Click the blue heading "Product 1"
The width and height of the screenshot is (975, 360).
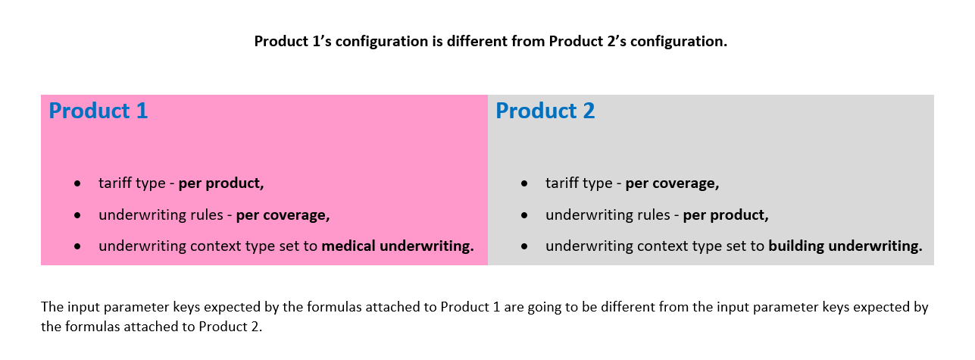98,111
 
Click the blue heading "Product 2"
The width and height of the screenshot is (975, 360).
545,111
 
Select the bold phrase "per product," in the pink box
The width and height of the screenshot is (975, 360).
221,183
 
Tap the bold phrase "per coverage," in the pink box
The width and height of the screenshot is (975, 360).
283,215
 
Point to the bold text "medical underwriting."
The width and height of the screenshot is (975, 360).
398,246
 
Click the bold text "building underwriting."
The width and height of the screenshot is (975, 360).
845,246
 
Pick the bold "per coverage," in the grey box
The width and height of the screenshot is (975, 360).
672,183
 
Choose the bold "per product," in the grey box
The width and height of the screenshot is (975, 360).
726,215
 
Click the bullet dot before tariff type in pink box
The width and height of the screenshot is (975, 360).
77,183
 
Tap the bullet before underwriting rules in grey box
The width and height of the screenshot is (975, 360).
524,215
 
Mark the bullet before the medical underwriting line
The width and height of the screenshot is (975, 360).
77,246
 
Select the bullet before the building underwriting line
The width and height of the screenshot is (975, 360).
524,246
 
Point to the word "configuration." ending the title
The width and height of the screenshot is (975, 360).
679,42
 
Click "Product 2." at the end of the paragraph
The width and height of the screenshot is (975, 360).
231,327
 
